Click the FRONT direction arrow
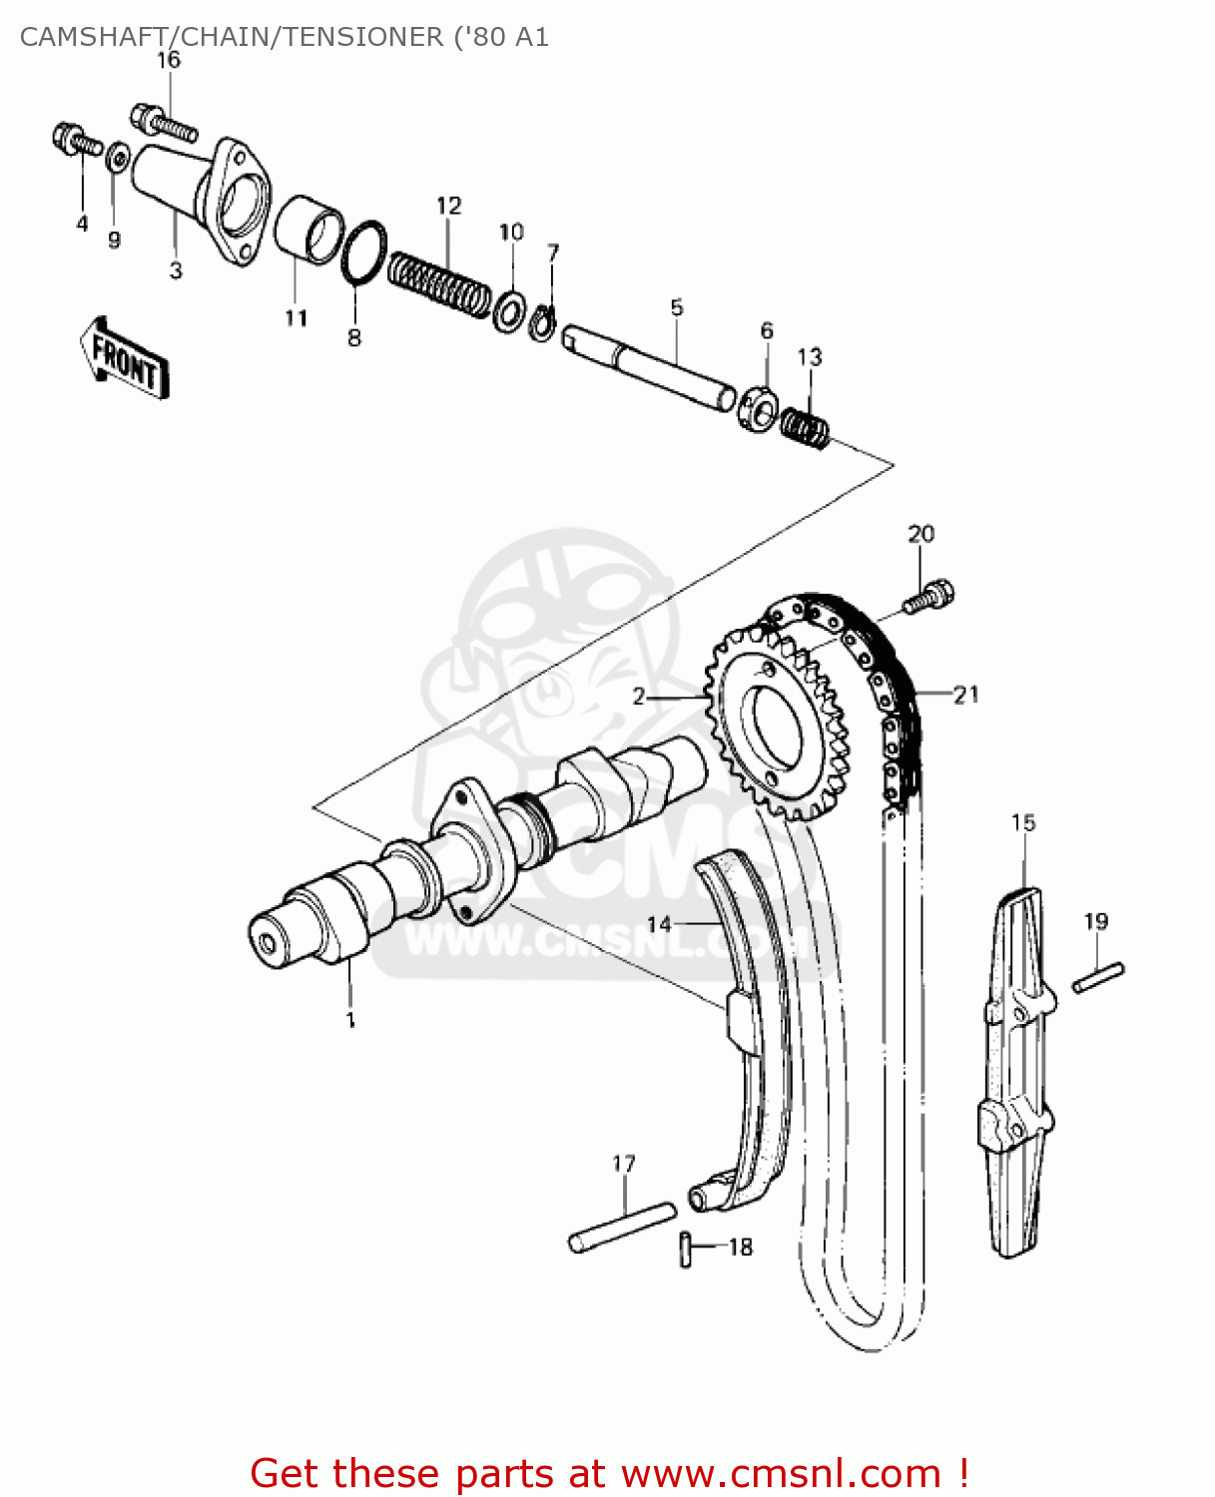tap(125, 359)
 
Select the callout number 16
tap(169, 60)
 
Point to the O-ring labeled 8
tap(363, 252)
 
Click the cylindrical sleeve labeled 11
tap(308, 231)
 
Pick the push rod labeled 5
tap(649, 368)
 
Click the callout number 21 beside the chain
tap(965, 694)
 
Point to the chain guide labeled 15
tap(1017, 1068)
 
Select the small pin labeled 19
tap(1098, 976)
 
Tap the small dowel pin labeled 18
tap(686, 1248)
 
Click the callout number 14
tap(659, 924)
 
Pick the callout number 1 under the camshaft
tap(350, 1020)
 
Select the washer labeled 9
tap(117, 157)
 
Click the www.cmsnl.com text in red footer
tap(781, 1473)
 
